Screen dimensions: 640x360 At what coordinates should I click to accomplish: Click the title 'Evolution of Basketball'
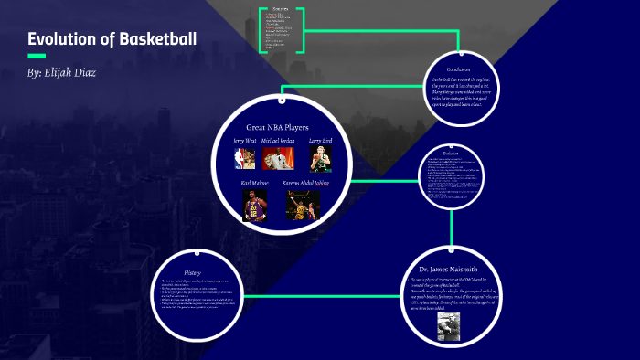(112, 39)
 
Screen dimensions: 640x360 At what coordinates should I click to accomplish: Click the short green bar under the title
(37, 56)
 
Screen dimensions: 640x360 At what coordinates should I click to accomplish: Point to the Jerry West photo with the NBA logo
(244, 159)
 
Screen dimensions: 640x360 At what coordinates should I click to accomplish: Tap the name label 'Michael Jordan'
(278, 141)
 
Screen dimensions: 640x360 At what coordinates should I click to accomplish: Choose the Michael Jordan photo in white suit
(278, 159)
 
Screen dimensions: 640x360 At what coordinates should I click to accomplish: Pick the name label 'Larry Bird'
(319, 141)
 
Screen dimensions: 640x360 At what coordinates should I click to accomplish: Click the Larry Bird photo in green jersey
(319, 159)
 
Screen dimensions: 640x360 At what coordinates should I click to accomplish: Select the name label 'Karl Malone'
(255, 184)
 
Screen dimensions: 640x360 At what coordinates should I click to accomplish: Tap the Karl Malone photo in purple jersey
(254, 206)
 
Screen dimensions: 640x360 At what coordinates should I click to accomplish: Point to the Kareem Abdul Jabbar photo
(296, 206)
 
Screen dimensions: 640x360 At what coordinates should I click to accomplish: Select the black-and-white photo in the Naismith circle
(448, 327)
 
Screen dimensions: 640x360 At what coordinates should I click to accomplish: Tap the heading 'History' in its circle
(192, 273)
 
